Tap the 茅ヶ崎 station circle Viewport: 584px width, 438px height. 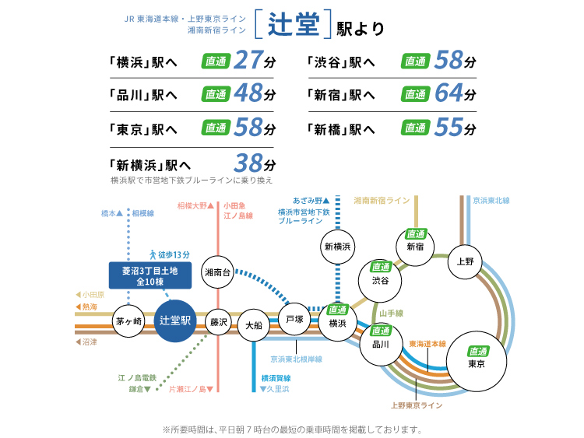pyautogui.click(x=128, y=321)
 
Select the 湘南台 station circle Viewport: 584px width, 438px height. pyautogui.click(x=216, y=272)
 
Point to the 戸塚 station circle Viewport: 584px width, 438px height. pyautogui.click(x=294, y=320)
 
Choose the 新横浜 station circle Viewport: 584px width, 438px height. pyautogui.click(x=338, y=247)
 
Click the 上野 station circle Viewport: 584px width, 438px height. pyautogui.click(x=466, y=261)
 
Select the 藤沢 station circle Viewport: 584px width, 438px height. pyautogui.click(x=219, y=321)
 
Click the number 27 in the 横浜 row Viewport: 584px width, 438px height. pyautogui.click(x=248, y=61)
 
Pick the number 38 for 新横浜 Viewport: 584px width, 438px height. pyautogui.click(x=249, y=163)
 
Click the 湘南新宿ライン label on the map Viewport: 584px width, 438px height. pyautogui.click(x=382, y=200)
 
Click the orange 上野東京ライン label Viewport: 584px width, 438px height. pyautogui.click(x=416, y=405)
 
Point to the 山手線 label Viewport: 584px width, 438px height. pyautogui.click(x=390, y=313)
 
